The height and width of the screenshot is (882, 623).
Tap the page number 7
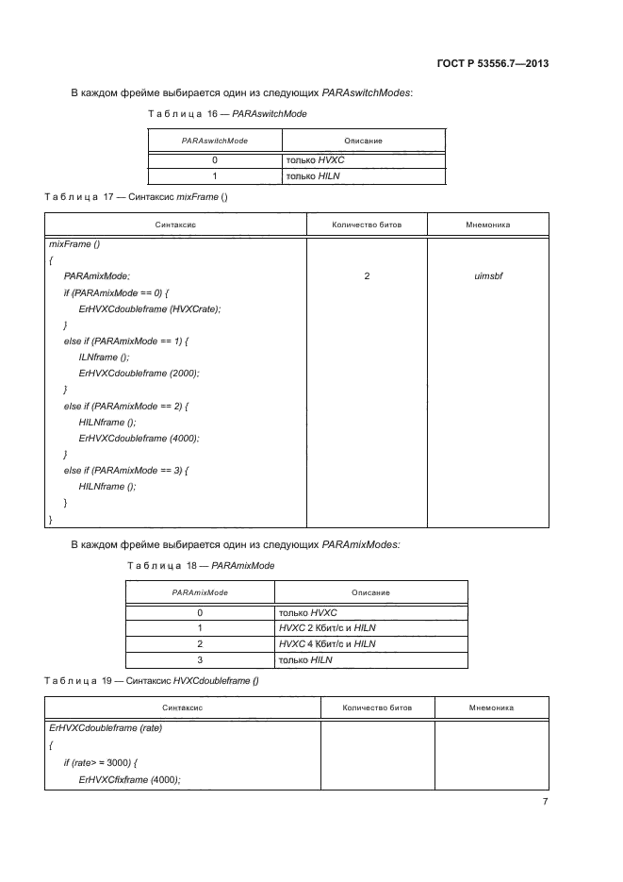point(545,802)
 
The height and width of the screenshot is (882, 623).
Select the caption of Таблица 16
point(226,113)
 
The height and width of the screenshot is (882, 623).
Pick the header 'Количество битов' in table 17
point(366,225)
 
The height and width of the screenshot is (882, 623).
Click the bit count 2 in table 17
point(366,276)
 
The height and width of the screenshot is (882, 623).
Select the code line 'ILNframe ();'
point(104,358)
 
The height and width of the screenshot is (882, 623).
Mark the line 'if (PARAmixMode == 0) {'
point(115,292)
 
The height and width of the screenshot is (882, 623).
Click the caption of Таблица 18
point(200,565)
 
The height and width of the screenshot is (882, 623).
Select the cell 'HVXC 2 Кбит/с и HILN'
point(327,627)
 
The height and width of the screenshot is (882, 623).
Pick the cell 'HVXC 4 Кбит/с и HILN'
point(327,643)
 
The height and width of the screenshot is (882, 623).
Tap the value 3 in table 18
point(200,659)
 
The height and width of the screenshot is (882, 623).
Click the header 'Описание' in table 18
point(370,592)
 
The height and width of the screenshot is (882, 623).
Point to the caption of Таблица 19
point(151,680)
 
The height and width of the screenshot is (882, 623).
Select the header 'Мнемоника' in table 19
point(490,707)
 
